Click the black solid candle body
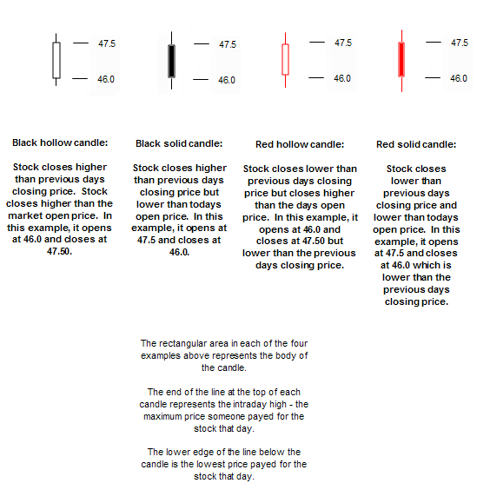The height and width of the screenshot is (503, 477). tap(172, 61)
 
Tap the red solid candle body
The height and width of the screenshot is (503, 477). tap(401, 59)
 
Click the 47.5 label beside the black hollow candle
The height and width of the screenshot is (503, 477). tap(107, 43)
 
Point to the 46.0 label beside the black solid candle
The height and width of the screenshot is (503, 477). tap(227, 80)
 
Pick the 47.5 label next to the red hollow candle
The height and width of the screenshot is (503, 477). tap(343, 43)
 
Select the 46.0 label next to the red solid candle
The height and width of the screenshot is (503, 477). tap(459, 78)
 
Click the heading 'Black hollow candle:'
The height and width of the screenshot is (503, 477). tap(60, 142)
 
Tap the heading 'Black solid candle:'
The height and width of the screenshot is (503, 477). tap(179, 143)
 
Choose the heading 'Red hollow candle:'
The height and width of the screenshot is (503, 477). tap(300, 144)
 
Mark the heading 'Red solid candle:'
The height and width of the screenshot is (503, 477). tap(416, 144)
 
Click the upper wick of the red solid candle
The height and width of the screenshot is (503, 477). tap(401, 36)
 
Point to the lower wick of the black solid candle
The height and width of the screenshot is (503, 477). tap(172, 83)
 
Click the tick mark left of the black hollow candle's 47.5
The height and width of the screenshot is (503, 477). tap(81, 43)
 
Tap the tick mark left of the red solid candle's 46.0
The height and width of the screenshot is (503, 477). tap(433, 77)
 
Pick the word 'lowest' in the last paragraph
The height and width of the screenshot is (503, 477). tap(211, 464)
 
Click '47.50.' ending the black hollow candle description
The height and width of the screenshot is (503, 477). tap(60, 251)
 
